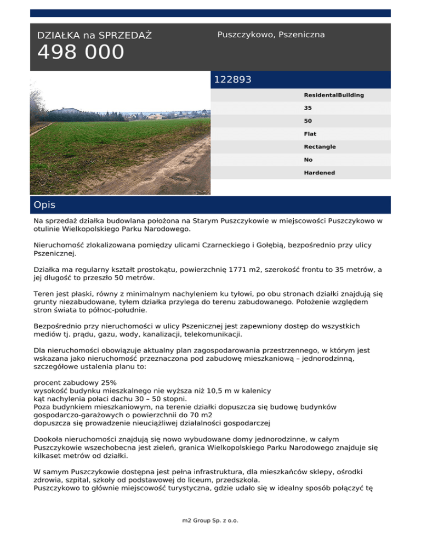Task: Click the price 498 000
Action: point(81,53)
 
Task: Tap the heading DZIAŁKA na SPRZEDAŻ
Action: point(94,36)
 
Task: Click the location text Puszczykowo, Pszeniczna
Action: point(271,35)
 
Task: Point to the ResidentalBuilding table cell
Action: point(334,95)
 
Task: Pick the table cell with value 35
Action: point(308,108)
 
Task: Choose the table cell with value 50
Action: point(308,121)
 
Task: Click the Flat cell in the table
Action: point(310,134)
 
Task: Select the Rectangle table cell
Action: point(320,147)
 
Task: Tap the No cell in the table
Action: point(308,160)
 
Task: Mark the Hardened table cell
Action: point(320,173)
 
